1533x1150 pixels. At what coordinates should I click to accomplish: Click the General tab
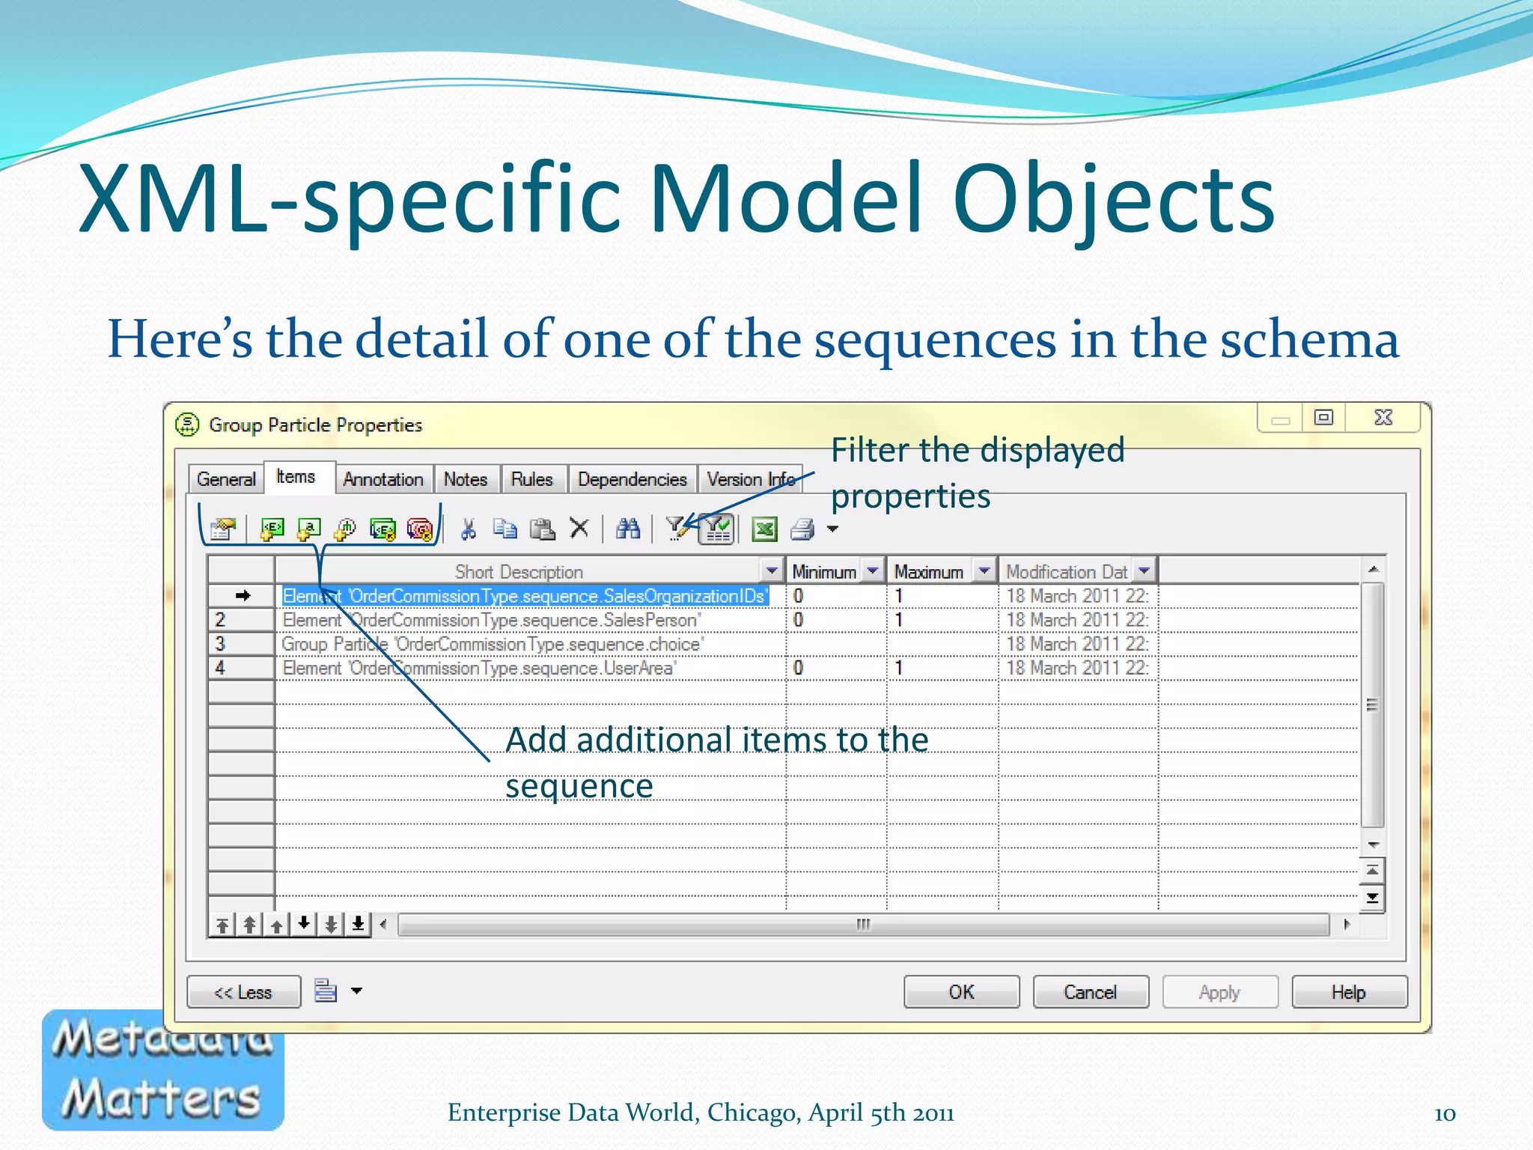225,479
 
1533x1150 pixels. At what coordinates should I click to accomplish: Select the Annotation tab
383,479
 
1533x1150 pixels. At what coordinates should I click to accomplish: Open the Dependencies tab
632,479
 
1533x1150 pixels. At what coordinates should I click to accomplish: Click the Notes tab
465,479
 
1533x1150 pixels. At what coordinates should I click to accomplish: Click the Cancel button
1090,992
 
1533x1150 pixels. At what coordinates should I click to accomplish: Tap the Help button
1348,992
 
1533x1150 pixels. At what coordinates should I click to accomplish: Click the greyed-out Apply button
1219,992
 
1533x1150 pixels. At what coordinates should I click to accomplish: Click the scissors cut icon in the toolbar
469,529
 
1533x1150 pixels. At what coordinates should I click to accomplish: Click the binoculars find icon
627,529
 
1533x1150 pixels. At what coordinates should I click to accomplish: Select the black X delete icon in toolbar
579,529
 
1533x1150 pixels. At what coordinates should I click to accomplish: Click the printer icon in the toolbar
802,529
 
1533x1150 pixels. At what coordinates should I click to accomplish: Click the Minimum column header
824,572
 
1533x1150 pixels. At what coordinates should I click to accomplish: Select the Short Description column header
519,572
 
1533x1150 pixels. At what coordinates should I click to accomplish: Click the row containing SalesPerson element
491,620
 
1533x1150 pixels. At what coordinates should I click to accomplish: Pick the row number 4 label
220,668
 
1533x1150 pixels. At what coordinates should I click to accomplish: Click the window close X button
1383,418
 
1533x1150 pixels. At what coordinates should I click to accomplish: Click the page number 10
1444,1114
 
